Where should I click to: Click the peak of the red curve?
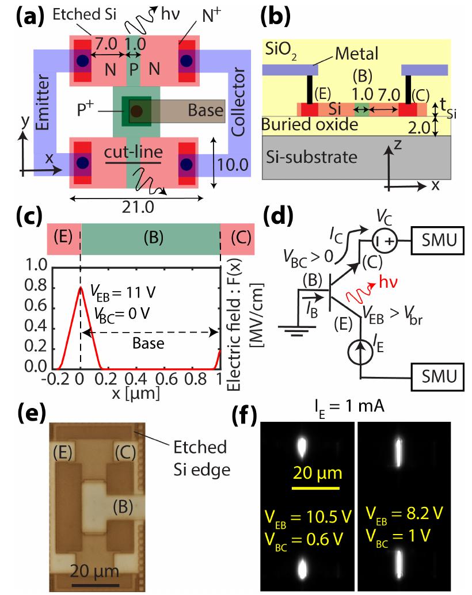coord(80,287)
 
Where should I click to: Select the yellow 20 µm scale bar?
coord(317,490)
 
